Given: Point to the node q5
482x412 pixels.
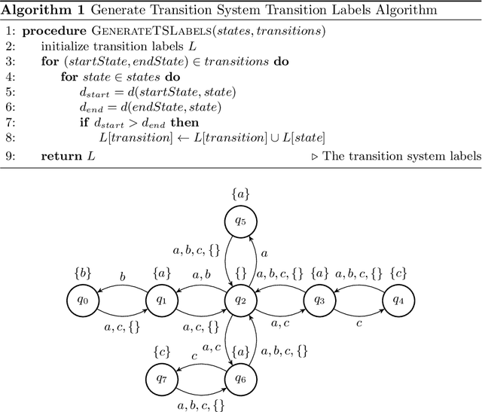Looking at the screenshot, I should pos(240,222).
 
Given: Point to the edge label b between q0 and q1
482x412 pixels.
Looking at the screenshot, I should pos(123,276).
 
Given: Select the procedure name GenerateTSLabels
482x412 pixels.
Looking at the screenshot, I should pos(151,31).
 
